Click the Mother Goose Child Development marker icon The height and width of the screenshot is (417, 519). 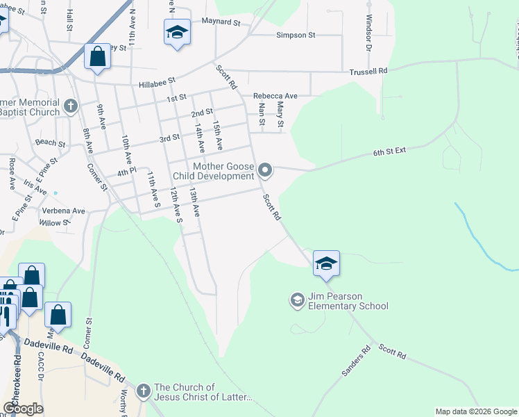[264, 170]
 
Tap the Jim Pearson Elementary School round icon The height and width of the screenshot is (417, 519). [297, 300]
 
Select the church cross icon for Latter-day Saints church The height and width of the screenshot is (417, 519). [144, 391]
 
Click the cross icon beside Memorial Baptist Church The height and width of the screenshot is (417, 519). [69, 106]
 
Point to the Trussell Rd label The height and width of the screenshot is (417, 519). [368, 71]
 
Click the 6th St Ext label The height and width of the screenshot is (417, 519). [389, 152]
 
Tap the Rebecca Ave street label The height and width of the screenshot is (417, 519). [275, 96]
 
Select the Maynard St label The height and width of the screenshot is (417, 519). [221, 22]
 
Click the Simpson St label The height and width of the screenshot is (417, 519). [296, 35]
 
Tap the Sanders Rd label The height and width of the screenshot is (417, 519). [357, 363]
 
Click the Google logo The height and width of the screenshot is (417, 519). [23, 409]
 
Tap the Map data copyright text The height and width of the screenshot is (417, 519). [475, 411]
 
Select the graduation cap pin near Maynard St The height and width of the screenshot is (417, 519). [177, 33]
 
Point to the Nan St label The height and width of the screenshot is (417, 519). [262, 115]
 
